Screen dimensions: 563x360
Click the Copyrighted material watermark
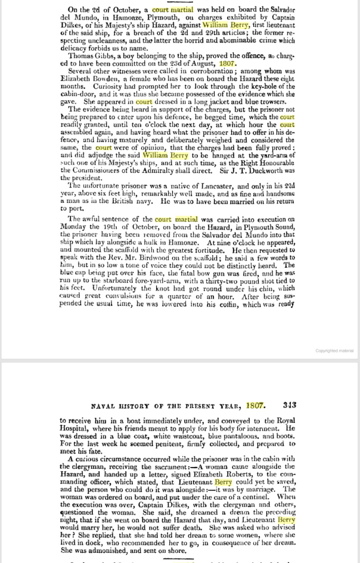click(334, 351)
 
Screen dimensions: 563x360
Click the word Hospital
click(75, 429)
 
